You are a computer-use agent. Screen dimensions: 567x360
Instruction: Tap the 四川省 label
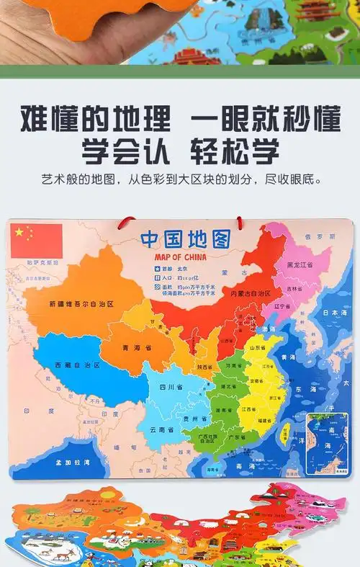coord(169,388)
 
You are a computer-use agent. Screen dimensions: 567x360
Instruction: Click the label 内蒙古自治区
coord(251,294)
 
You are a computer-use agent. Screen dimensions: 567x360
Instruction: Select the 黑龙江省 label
coord(300,265)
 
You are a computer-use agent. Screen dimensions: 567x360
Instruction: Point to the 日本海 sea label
coord(334,313)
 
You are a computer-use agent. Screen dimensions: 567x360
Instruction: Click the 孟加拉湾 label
coord(76,462)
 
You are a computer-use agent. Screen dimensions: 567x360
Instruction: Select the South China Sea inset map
coord(328,443)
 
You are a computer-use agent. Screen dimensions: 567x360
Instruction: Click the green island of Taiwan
coord(284,433)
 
